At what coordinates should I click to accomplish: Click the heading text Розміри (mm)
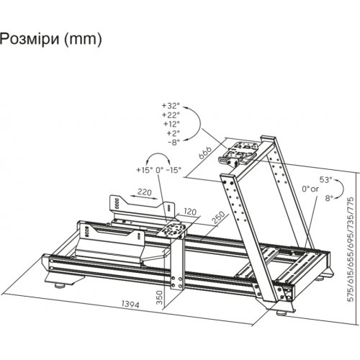50,39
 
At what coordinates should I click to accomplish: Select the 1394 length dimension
130,305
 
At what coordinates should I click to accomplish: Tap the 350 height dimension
160,297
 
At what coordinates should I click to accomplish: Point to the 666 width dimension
205,152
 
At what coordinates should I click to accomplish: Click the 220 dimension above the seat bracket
145,192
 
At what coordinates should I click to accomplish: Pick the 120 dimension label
190,212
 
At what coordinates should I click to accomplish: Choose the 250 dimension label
219,217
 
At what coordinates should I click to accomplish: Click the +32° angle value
171,106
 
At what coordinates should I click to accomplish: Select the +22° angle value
171,115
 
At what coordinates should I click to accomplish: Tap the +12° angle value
171,124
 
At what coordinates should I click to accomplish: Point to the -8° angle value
174,142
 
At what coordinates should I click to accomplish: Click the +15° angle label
145,170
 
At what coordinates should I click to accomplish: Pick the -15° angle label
174,170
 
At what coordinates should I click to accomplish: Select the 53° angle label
325,179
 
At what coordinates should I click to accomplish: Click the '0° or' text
310,189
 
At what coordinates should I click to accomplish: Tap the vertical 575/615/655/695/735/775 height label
351,249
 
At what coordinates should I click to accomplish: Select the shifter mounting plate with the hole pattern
171,230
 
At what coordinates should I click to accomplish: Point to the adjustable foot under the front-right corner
282,313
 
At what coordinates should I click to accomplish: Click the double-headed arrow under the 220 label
145,197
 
